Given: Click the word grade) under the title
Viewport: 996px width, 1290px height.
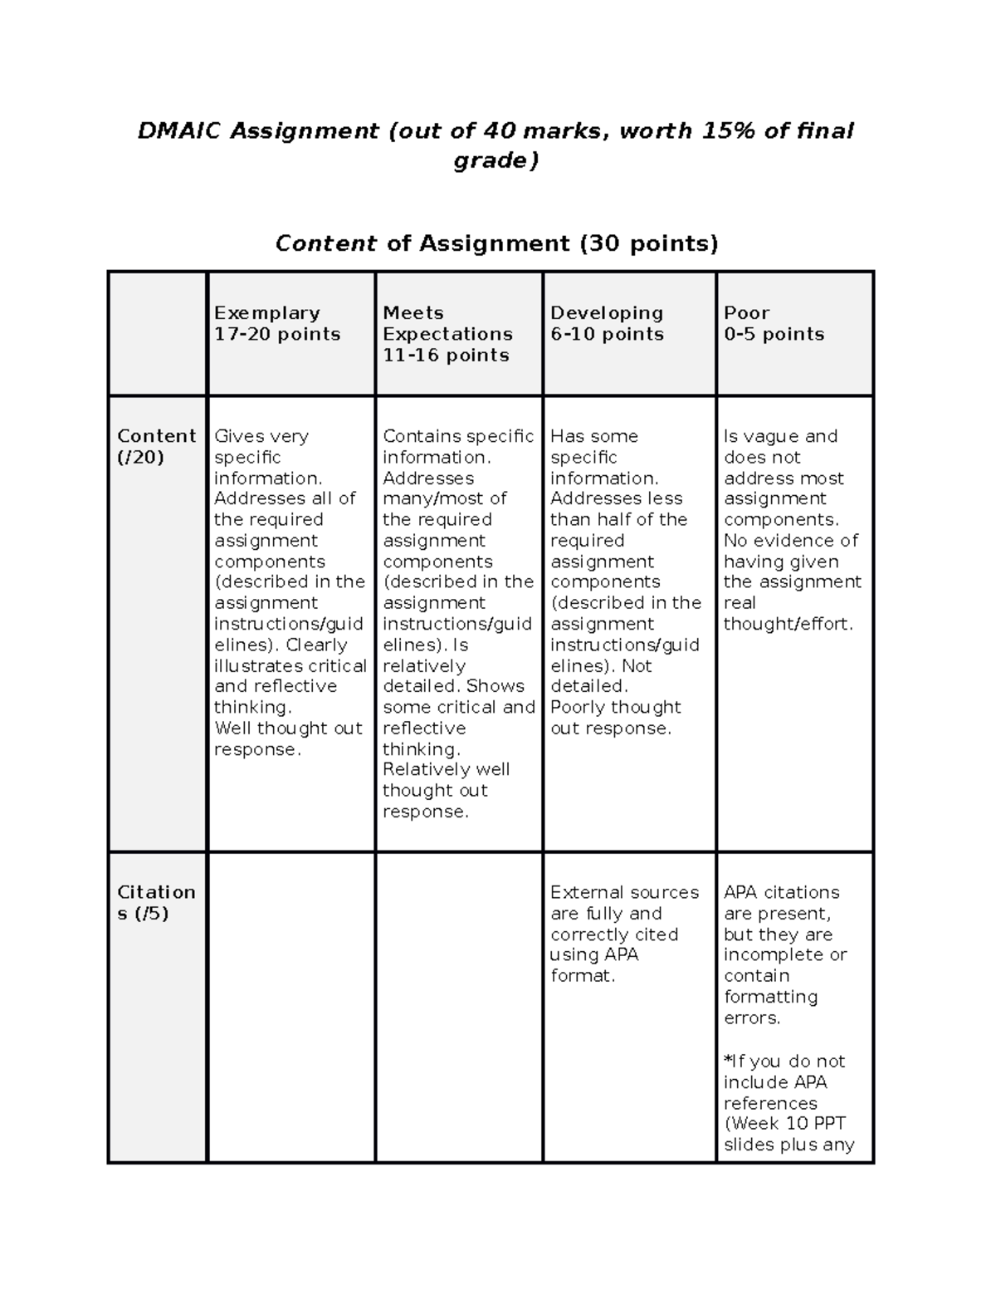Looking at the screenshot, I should tap(496, 160).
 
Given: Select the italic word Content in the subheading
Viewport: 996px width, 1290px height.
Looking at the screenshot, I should tap(326, 243).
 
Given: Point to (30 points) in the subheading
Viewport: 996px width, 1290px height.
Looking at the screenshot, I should tap(648, 243).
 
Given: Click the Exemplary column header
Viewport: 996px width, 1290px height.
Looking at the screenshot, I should tap(267, 313).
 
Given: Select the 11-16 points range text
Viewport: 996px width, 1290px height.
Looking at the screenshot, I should tap(446, 356).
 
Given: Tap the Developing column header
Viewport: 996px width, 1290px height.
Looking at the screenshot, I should tap(607, 313).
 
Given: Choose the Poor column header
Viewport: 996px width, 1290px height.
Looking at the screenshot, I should tap(746, 313).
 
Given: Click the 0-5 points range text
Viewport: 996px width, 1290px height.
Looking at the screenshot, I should tap(774, 335).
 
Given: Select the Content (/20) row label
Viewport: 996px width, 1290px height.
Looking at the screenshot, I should tap(156, 446).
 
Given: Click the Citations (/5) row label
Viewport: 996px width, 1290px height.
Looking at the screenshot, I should tap(156, 902).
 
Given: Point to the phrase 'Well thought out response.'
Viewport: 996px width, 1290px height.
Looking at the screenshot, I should tap(288, 738).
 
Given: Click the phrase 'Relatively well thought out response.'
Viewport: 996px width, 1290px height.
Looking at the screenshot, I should tap(446, 790).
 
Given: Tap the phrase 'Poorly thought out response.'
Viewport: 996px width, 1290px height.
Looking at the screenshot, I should tap(615, 718).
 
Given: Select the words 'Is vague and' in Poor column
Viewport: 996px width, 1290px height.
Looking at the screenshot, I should tap(780, 436).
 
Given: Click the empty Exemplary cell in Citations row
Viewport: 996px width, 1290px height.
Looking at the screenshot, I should tap(291, 1007).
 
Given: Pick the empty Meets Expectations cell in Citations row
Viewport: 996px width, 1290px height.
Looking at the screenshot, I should tap(459, 1007).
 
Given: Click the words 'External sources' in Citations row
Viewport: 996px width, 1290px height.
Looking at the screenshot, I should tap(624, 892).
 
